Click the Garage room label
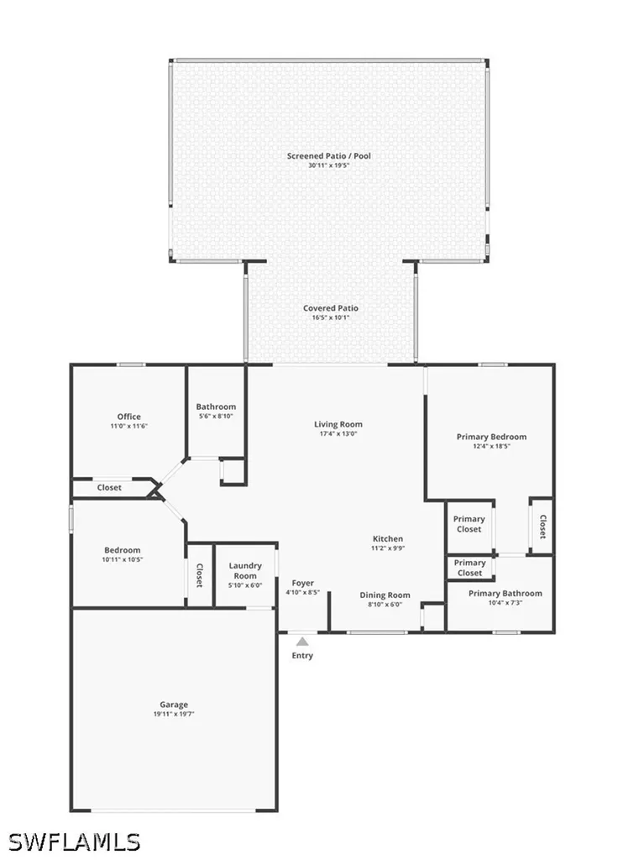coord(174,705)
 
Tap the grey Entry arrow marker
coord(302,641)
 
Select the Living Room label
coord(338,424)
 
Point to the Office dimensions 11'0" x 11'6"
coord(129,426)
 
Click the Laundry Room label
coord(245,570)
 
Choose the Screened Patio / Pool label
coord(328,155)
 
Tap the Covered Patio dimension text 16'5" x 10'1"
coord(331,317)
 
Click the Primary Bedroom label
coord(491,437)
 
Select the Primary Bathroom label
coord(505,593)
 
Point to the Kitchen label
coord(388,538)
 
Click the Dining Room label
coord(385,595)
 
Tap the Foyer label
coord(303,583)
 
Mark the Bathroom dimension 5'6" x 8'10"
coord(216,416)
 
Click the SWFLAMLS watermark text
coord(75,842)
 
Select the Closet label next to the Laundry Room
coord(200,575)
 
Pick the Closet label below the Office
coord(109,488)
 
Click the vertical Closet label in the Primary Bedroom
coord(542,527)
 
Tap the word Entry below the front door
coord(302,655)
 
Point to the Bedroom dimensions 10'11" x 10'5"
coord(123,559)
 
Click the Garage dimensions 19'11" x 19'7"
coord(174,714)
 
